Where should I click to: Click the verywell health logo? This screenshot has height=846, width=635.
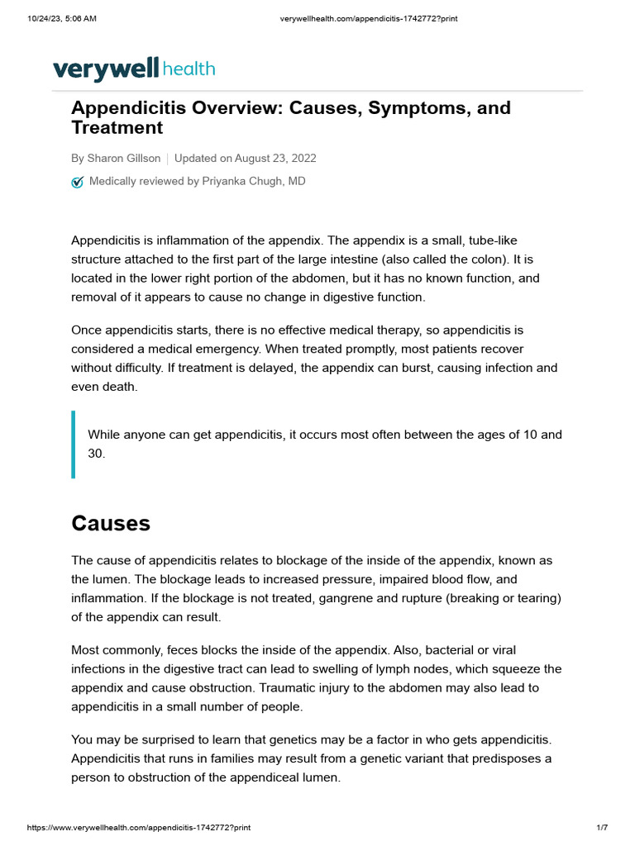coord(134,69)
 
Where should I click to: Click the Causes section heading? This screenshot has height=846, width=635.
coord(111,523)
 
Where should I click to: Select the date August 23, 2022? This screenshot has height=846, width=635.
coord(275,159)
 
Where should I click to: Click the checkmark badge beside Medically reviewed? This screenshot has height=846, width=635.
coord(78,182)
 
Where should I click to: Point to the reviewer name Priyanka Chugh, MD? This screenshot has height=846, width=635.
coord(254,181)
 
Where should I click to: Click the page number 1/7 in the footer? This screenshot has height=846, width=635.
coord(602,828)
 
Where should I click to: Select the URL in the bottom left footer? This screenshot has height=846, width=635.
coord(139,828)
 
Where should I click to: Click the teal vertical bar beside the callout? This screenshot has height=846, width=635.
coord(74,444)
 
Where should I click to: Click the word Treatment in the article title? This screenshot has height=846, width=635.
coord(117,128)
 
